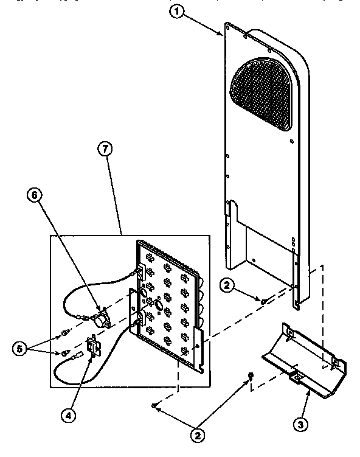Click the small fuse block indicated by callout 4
(94, 346)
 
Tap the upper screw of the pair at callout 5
(64, 333)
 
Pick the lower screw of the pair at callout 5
(64, 352)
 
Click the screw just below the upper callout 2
(263, 300)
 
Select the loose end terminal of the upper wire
(81, 316)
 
